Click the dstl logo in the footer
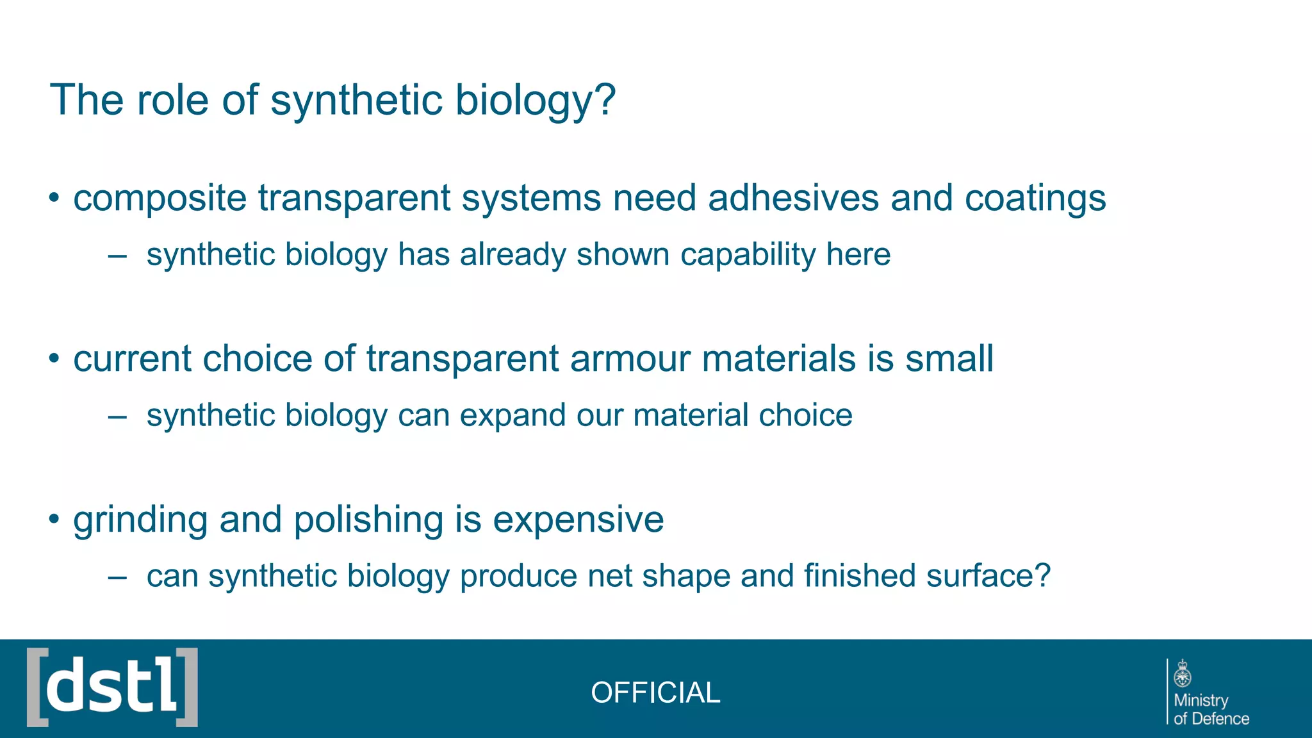[112, 687]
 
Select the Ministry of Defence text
[1210, 709]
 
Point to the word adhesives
[793, 197]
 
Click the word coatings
[1035, 197]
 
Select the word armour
[630, 358]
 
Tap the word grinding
[140, 520]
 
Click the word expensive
[578, 519]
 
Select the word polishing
[368, 520]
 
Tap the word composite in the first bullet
[160, 199]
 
